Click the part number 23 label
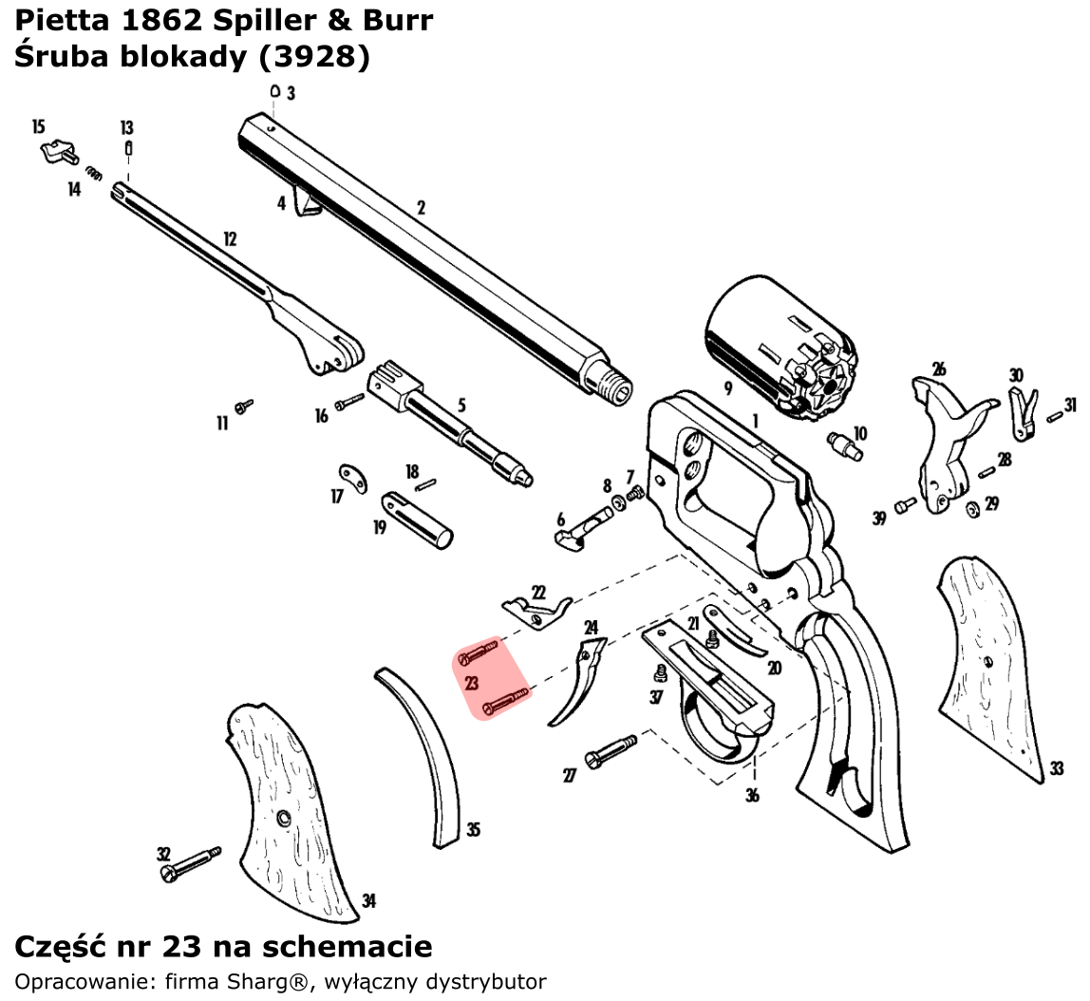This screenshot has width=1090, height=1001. pos(472,682)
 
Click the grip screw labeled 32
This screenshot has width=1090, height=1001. pos(190,862)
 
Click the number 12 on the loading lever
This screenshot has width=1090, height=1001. pos(229,239)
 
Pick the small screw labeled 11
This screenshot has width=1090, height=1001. pos(244,406)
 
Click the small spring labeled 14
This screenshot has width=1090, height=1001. pos(93,173)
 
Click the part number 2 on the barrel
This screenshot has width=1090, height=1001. pos(421,207)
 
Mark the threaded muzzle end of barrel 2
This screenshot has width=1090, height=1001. pos(617,388)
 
